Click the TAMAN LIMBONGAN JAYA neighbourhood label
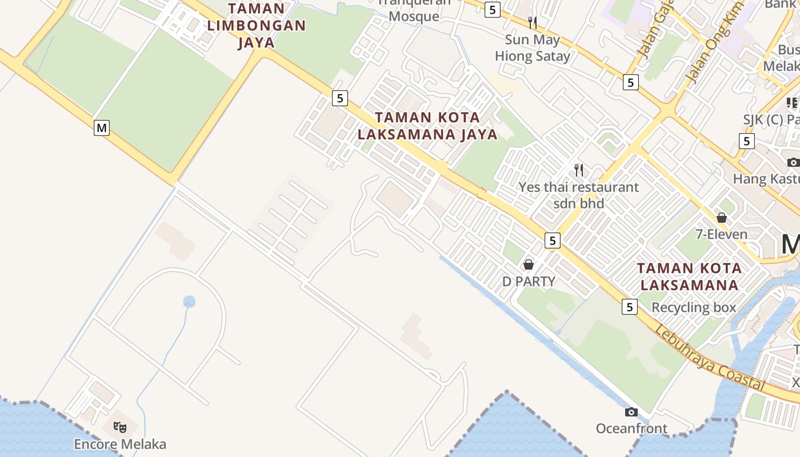pyautogui.click(x=257, y=26)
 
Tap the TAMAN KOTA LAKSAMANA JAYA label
pyautogui.click(x=427, y=126)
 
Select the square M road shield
pyautogui.click(x=102, y=128)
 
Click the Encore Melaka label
pyautogui.click(x=120, y=444)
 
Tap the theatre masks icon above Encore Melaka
pyautogui.click(x=119, y=427)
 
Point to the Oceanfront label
pyautogui.click(x=631, y=428)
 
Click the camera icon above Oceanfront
pyautogui.click(x=631, y=412)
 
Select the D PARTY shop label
pyautogui.click(x=529, y=281)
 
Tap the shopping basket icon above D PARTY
pyautogui.click(x=529, y=264)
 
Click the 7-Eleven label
pyautogui.click(x=721, y=234)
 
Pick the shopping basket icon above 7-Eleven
pyautogui.click(x=722, y=218)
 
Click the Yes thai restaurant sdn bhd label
pyautogui.click(x=578, y=195)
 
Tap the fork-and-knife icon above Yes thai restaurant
pyautogui.click(x=579, y=170)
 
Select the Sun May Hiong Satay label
pyautogui.click(x=533, y=48)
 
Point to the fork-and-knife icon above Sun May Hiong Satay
pyautogui.click(x=533, y=23)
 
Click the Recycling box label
pyautogui.click(x=694, y=307)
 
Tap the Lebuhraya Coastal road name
pyautogui.click(x=710, y=359)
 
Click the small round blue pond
pyautogui.click(x=189, y=301)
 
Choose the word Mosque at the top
pyautogui.click(x=414, y=16)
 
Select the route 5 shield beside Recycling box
pyautogui.click(x=630, y=307)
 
